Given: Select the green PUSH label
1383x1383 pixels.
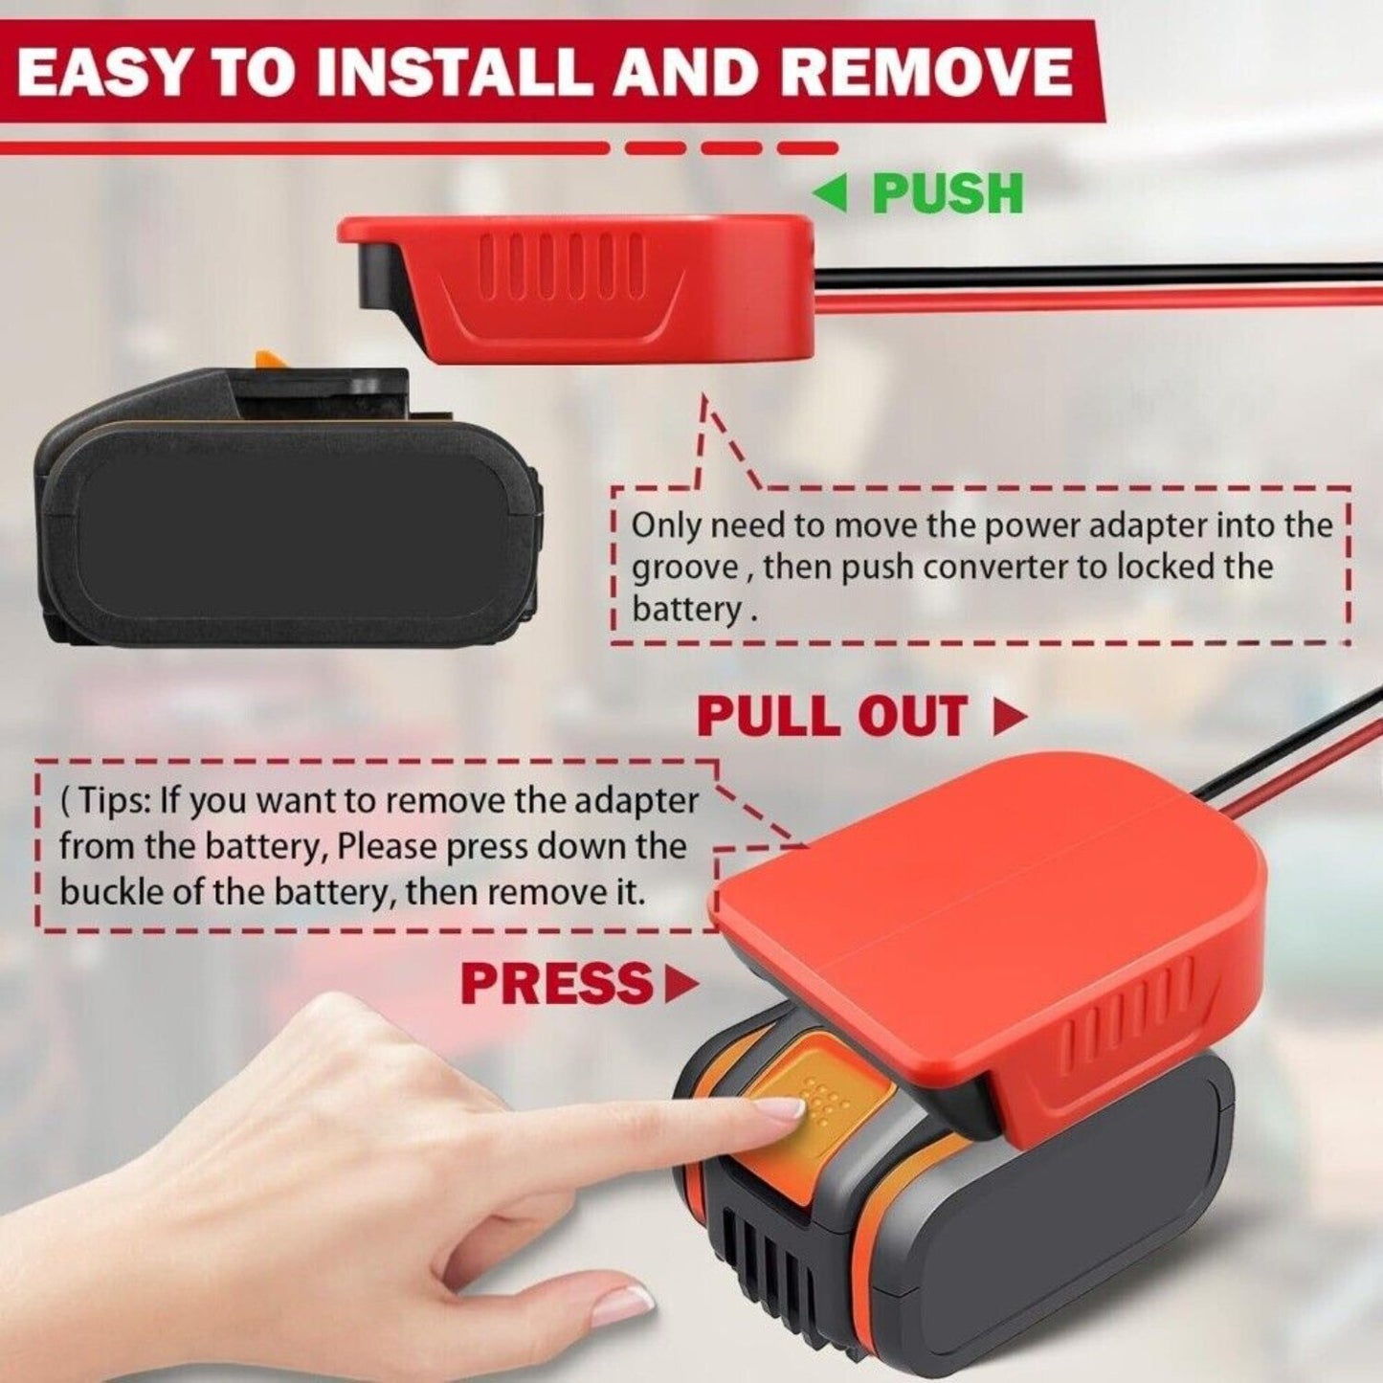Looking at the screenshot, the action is coord(948,193).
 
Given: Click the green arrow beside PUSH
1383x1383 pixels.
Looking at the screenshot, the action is coord(835,193).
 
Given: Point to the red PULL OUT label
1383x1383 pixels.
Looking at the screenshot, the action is coord(834,716).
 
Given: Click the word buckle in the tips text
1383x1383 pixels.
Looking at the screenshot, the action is coord(108,892).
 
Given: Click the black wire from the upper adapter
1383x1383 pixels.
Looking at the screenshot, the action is coord(1098,270).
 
